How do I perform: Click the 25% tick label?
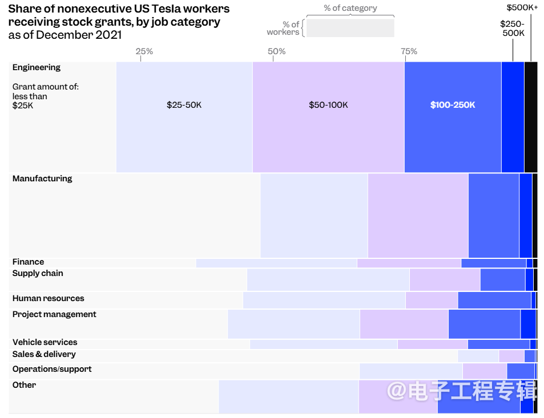click(x=144, y=51)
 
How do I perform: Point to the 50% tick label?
click(x=276, y=51)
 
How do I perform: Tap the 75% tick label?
click(x=409, y=51)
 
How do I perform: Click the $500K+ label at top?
click(x=522, y=7)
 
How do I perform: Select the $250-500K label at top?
click(x=512, y=29)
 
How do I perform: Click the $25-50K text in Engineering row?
click(x=184, y=105)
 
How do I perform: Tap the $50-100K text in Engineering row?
click(x=328, y=105)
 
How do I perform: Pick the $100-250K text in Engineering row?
click(x=453, y=105)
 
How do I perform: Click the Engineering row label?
click(x=36, y=67)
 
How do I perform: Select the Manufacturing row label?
click(x=42, y=178)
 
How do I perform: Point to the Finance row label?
click(x=28, y=262)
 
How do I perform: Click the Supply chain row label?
click(x=38, y=273)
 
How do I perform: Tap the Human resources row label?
click(x=48, y=298)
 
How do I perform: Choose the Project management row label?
click(x=54, y=314)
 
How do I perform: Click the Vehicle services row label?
click(x=45, y=342)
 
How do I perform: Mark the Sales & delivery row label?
click(x=44, y=354)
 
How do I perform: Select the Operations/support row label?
click(x=52, y=369)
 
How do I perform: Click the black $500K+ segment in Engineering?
click(x=530, y=117)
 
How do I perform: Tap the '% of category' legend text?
click(x=350, y=8)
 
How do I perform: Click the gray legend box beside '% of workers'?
click(x=350, y=28)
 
